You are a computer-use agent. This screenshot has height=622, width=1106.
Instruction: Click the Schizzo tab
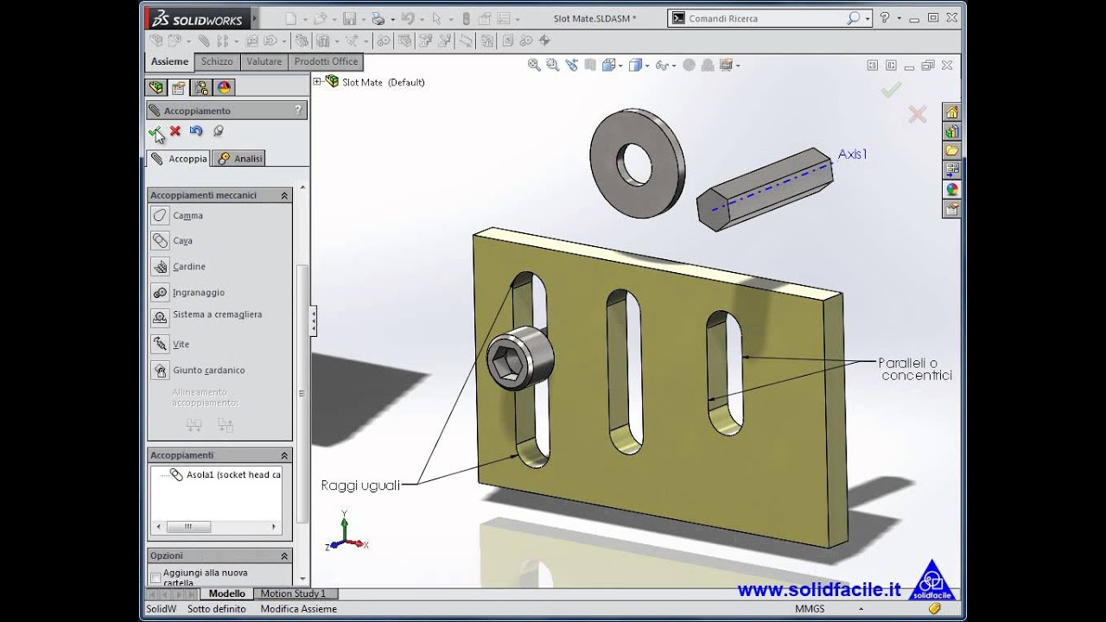[x=217, y=61]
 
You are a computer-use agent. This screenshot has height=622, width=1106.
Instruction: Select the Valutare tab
[x=264, y=61]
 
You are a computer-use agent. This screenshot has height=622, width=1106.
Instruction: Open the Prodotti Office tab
[x=326, y=61]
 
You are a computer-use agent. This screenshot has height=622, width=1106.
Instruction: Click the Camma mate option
[x=188, y=216]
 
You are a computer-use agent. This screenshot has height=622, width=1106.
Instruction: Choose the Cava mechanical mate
[x=182, y=241]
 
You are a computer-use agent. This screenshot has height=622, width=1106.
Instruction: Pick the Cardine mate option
[x=188, y=267]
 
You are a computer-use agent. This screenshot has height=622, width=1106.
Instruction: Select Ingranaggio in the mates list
[x=198, y=293]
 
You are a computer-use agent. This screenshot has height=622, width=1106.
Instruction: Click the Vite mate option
[x=181, y=345]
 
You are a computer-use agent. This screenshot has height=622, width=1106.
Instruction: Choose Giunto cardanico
[x=208, y=371]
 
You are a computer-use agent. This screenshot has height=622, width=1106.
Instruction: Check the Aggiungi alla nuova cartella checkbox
[x=156, y=577]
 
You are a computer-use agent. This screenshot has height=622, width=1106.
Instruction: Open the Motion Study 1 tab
[x=293, y=593]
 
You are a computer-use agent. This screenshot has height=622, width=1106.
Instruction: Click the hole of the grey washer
[x=635, y=162]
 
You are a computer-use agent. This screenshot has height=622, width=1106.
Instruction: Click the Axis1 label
[x=852, y=154]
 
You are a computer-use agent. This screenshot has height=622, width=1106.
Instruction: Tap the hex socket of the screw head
[x=507, y=361]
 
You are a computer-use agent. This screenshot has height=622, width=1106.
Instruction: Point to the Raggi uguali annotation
[x=360, y=486]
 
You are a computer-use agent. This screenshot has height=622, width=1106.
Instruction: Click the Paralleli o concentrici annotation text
[x=915, y=369]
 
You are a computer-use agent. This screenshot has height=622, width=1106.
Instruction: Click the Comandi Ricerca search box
[x=765, y=18]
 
